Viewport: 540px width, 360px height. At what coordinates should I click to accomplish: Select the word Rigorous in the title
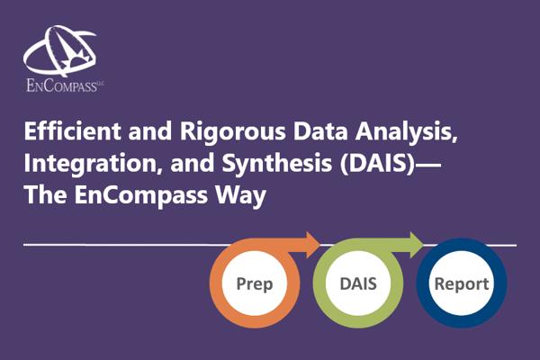point(232,132)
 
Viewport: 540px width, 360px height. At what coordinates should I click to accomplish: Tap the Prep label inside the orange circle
point(255,284)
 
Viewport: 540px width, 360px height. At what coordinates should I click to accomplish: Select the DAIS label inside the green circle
point(358,283)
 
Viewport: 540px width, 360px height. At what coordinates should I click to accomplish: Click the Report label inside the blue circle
point(462,284)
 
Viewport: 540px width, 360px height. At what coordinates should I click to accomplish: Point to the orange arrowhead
point(313,245)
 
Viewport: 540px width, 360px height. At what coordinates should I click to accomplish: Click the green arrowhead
point(417,245)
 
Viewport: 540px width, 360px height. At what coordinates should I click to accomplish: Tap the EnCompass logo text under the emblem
point(62,85)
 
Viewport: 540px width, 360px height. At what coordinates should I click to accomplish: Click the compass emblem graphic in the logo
point(60,51)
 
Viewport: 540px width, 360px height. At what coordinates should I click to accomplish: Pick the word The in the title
point(46,194)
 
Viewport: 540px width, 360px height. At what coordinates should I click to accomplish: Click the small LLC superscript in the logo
point(101,83)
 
